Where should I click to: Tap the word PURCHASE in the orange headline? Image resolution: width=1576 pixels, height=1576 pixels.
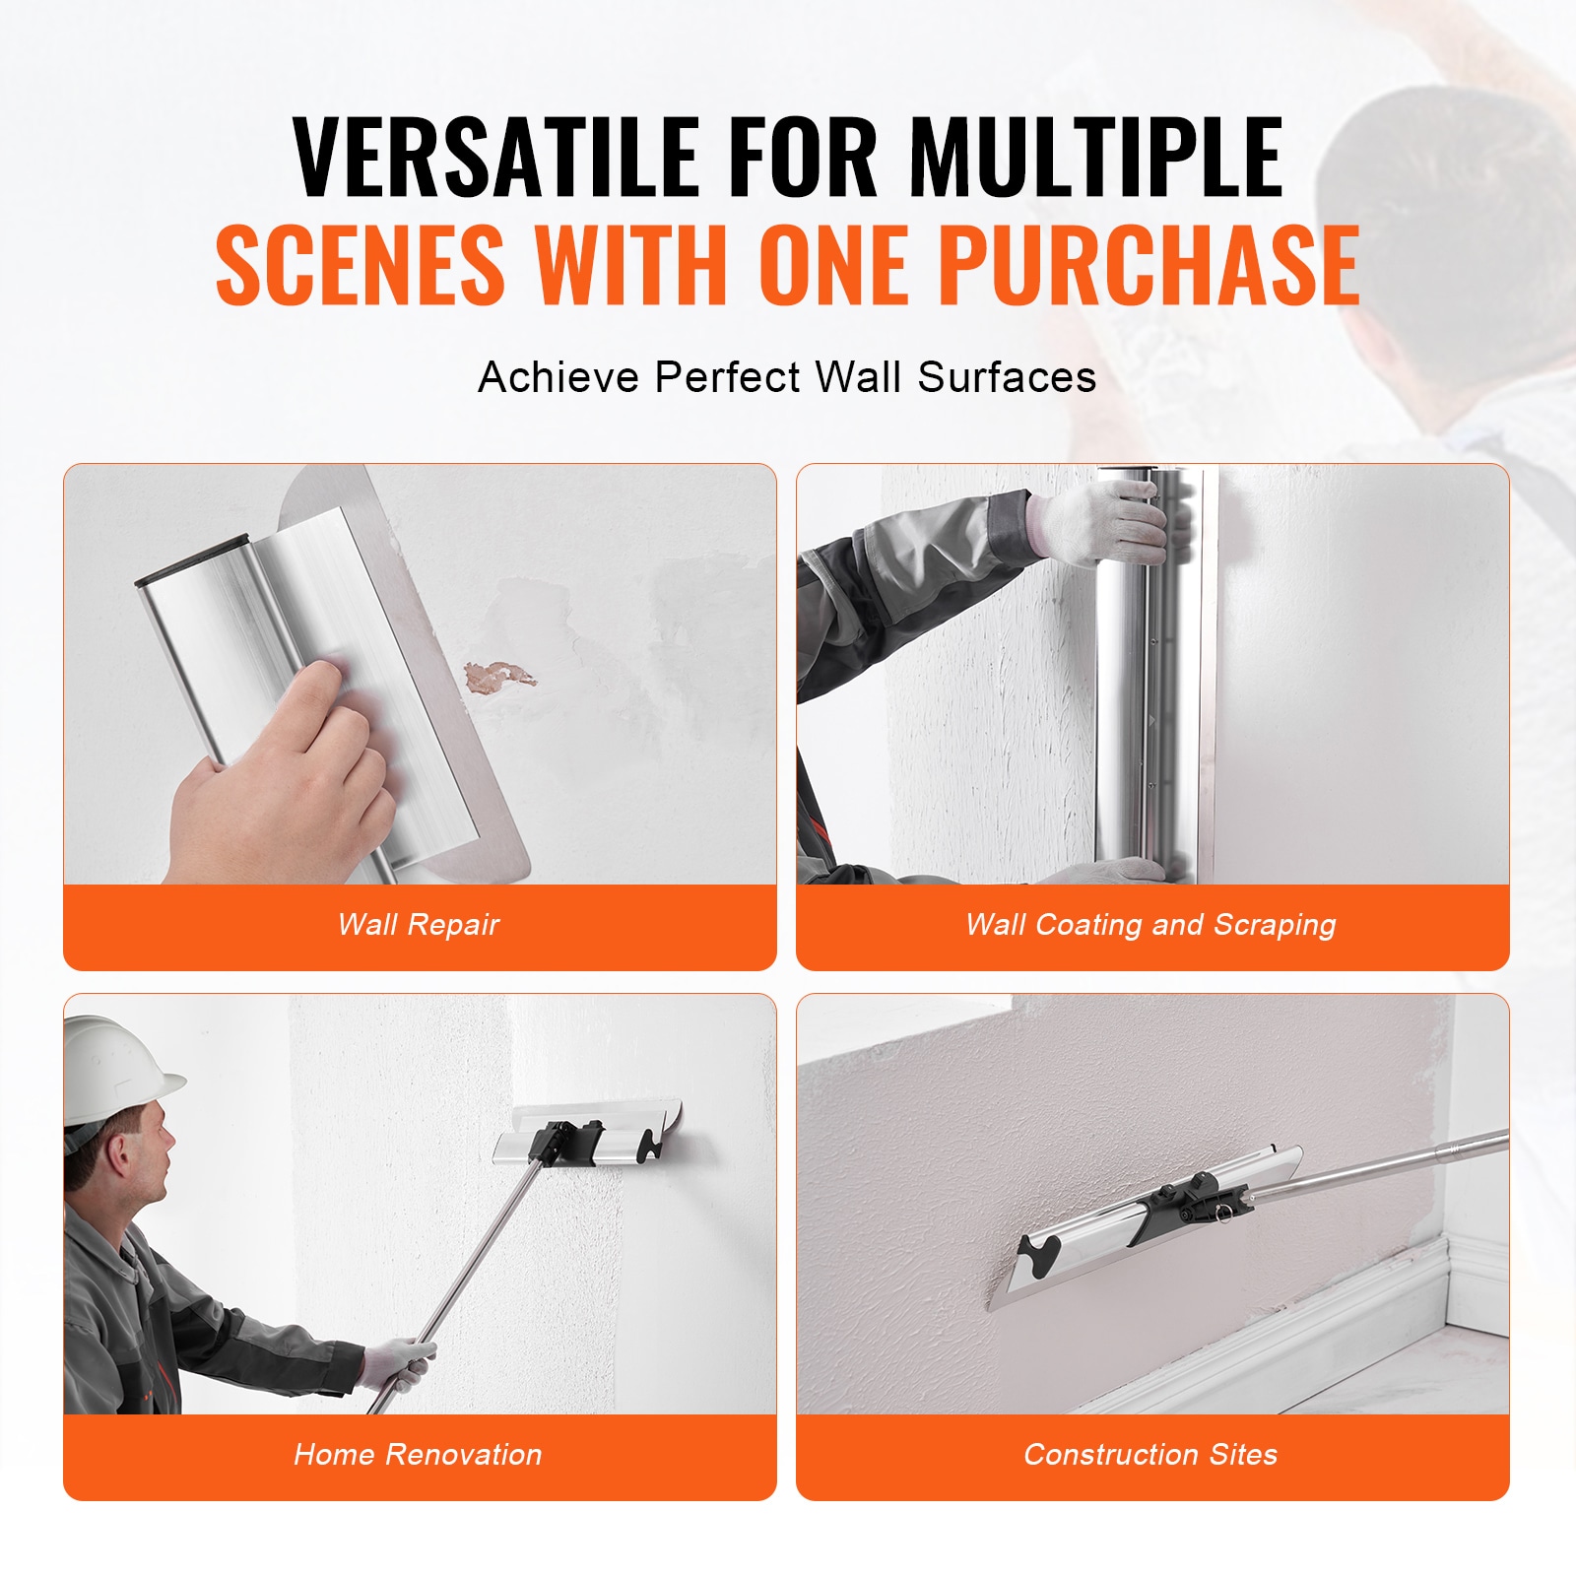coord(1149,264)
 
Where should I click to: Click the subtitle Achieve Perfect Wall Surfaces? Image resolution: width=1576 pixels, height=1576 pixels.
coord(787,377)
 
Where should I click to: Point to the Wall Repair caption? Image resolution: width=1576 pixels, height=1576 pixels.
coord(419,925)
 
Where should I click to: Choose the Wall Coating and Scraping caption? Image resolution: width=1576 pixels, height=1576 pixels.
coord(1150,925)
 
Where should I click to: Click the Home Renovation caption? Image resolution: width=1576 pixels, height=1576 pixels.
coord(418,1454)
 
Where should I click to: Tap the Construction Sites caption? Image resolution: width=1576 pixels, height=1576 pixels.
coord(1150,1454)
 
